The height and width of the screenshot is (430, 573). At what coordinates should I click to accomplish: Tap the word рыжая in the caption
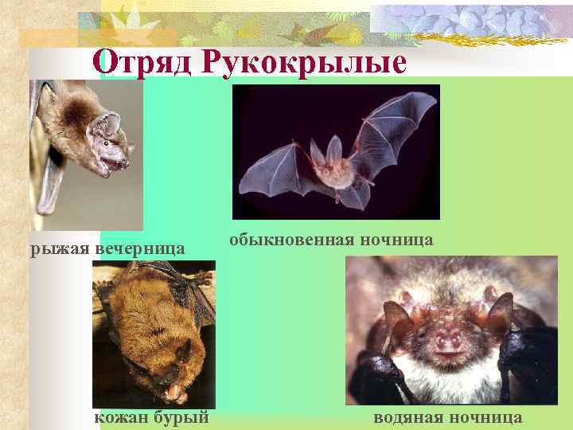(60, 249)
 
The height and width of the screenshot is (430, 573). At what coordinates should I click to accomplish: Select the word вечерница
(140, 249)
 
